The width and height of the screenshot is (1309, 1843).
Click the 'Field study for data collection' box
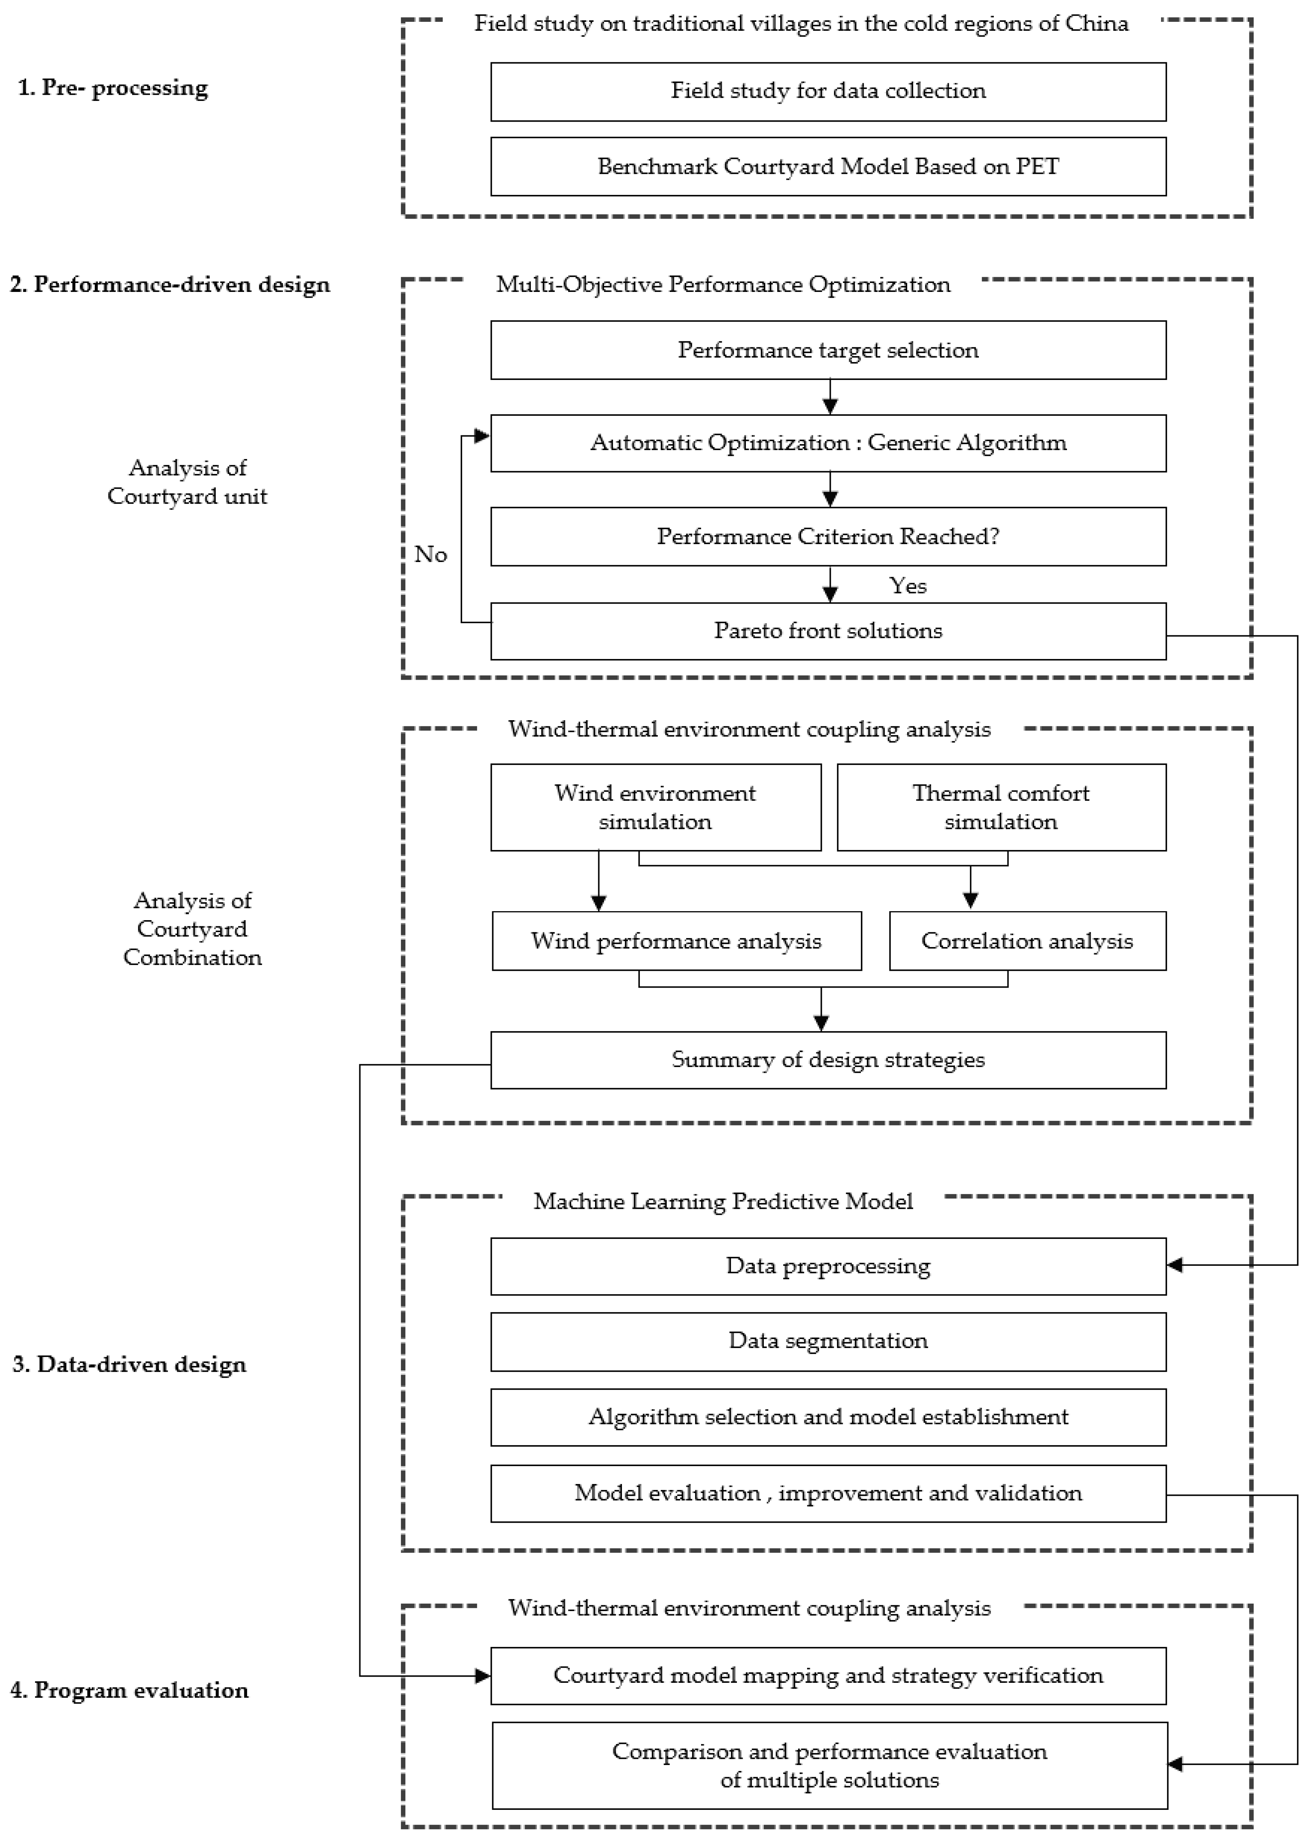tap(828, 91)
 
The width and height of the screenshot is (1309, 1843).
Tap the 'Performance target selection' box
tap(828, 350)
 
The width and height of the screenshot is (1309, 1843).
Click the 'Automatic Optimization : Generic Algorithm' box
tap(828, 443)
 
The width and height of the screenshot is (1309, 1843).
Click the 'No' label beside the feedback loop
tap(430, 555)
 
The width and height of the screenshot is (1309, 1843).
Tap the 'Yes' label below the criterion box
tap(908, 586)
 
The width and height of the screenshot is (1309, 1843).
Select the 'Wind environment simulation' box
tap(655, 807)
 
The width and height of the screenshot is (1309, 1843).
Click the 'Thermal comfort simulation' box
tap(1001, 807)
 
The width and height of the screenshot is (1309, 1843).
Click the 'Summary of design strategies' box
tap(828, 1060)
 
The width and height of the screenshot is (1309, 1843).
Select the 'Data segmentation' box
tap(828, 1341)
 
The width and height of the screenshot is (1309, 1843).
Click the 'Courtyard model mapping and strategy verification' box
tap(828, 1675)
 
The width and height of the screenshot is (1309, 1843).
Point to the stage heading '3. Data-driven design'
tap(129, 1364)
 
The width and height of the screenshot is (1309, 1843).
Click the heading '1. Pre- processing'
tap(113, 87)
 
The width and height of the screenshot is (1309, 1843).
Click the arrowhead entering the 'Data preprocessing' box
tap(1175, 1265)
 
